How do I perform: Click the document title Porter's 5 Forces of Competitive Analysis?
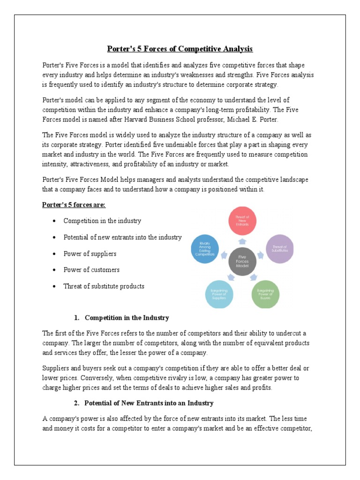[x=180, y=49]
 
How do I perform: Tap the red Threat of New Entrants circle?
[x=242, y=220]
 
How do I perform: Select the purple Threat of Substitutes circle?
[x=280, y=249]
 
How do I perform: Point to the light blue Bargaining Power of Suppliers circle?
[x=219, y=294]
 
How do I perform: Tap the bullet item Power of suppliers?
[x=90, y=254]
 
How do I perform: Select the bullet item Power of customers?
[x=91, y=270]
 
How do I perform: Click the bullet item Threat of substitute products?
[x=104, y=286]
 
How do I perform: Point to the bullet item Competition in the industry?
[x=102, y=221]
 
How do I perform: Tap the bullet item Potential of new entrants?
[x=122, y=237]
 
